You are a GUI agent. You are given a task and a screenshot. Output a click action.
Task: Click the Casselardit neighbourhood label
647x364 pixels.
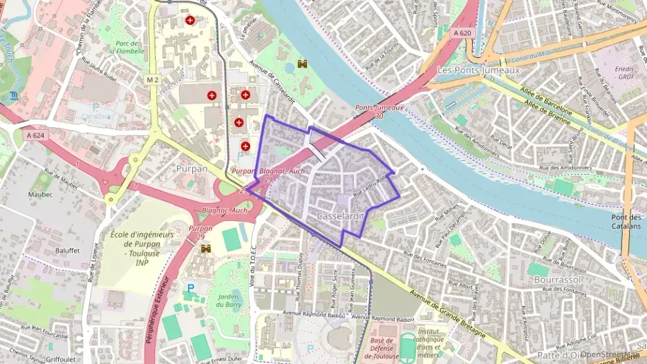339,216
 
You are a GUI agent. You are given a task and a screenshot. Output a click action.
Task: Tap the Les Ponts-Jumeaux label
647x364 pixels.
478,70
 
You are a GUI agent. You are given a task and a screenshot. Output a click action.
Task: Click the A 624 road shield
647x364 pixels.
35,136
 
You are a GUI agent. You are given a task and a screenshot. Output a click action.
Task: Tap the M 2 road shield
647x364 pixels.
152,80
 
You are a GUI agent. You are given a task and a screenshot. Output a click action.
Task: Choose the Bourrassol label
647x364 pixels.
556,280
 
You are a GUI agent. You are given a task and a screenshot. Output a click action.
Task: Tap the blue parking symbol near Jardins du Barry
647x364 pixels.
191,287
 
